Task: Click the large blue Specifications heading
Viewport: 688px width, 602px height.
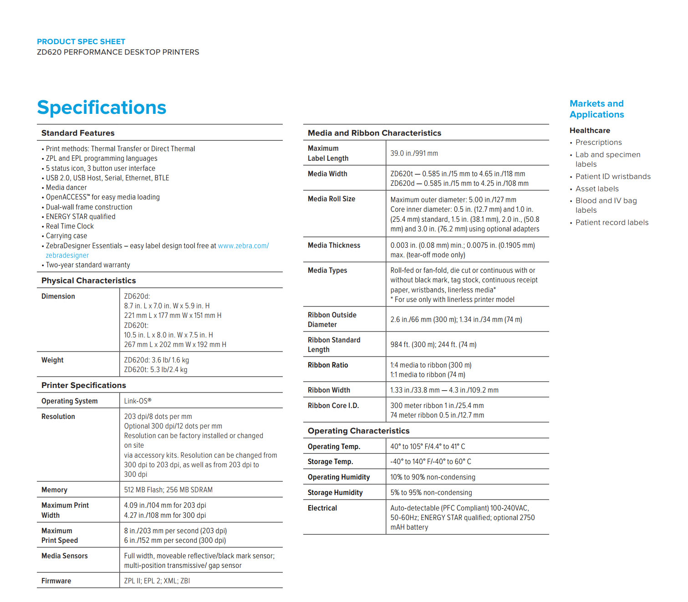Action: (102, 108)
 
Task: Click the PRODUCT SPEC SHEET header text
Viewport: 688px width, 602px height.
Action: (81, 41)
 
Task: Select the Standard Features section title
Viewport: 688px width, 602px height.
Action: (78, 133)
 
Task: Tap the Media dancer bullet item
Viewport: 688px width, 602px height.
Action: (66, 188)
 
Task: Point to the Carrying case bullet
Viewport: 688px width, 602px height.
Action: (66, 236)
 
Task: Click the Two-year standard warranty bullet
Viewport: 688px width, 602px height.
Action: (88, 265)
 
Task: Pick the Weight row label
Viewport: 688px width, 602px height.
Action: (52, 360)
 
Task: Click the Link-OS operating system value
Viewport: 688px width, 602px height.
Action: (138, 401)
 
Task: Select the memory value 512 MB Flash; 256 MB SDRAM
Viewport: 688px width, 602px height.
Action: (168, 490)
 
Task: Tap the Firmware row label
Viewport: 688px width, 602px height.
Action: (56, 581)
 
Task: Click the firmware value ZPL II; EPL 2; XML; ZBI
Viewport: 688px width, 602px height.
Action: (157, 581)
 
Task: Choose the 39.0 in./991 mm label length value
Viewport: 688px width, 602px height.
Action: (414, 153)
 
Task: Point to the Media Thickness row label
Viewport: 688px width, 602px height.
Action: (334, 245)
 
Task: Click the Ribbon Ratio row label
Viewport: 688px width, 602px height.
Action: (328, 365)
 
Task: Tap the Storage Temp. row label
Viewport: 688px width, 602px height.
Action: (330, 462)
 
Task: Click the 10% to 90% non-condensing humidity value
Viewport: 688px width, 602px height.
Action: (433, 477)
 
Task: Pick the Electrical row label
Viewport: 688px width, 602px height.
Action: (322, 508)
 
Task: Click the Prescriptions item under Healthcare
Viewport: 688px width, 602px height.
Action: (598, 143)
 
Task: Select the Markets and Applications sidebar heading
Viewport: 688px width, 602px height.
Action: (596, 109)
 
